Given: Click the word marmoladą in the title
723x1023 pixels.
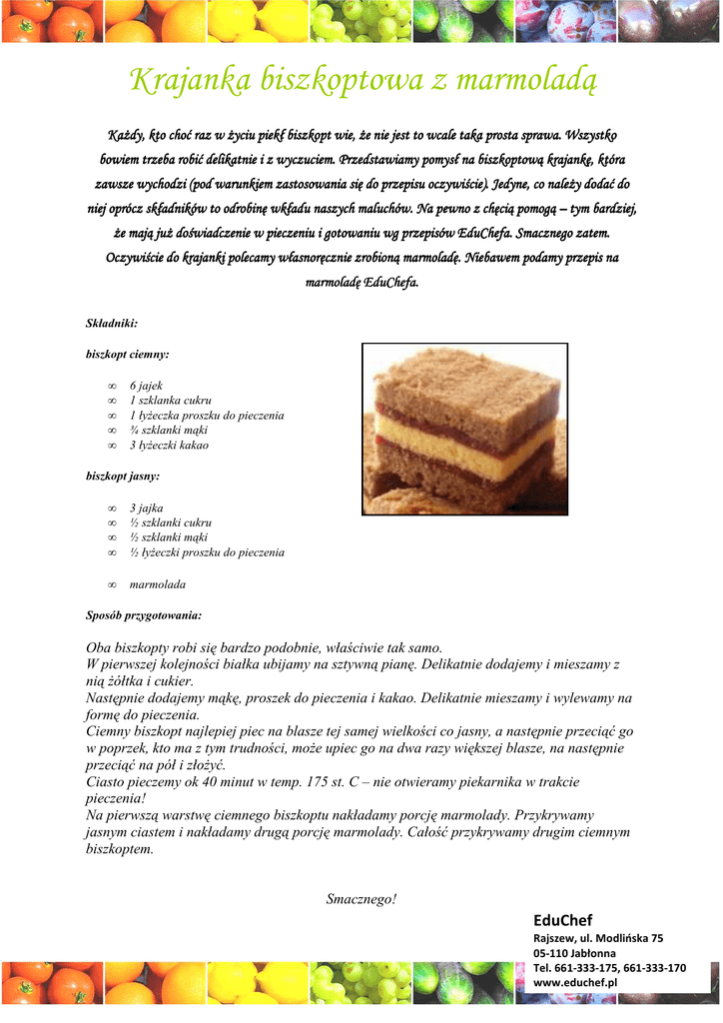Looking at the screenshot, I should click(x=528, y=79).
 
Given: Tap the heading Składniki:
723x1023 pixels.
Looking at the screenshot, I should click(x=112, y=323).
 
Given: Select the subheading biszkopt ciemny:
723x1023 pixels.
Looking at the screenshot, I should click(x=128, y=354).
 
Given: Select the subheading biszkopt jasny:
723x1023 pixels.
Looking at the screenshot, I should click(x=123, y=477).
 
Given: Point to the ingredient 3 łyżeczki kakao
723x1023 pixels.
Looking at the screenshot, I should click(x=169, y=446).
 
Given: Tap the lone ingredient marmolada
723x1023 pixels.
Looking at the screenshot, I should click(x=158, y=584).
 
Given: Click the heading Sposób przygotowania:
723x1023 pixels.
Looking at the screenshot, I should click(x=144, y=614).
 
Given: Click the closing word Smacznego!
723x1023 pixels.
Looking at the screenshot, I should click(x=361, y=899).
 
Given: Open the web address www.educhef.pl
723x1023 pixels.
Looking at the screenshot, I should click(x=577, y=983).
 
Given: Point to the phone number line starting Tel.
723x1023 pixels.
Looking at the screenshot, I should click(x=609, y=968).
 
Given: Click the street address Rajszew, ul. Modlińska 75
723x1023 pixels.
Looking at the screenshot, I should click(x=598, y=938).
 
